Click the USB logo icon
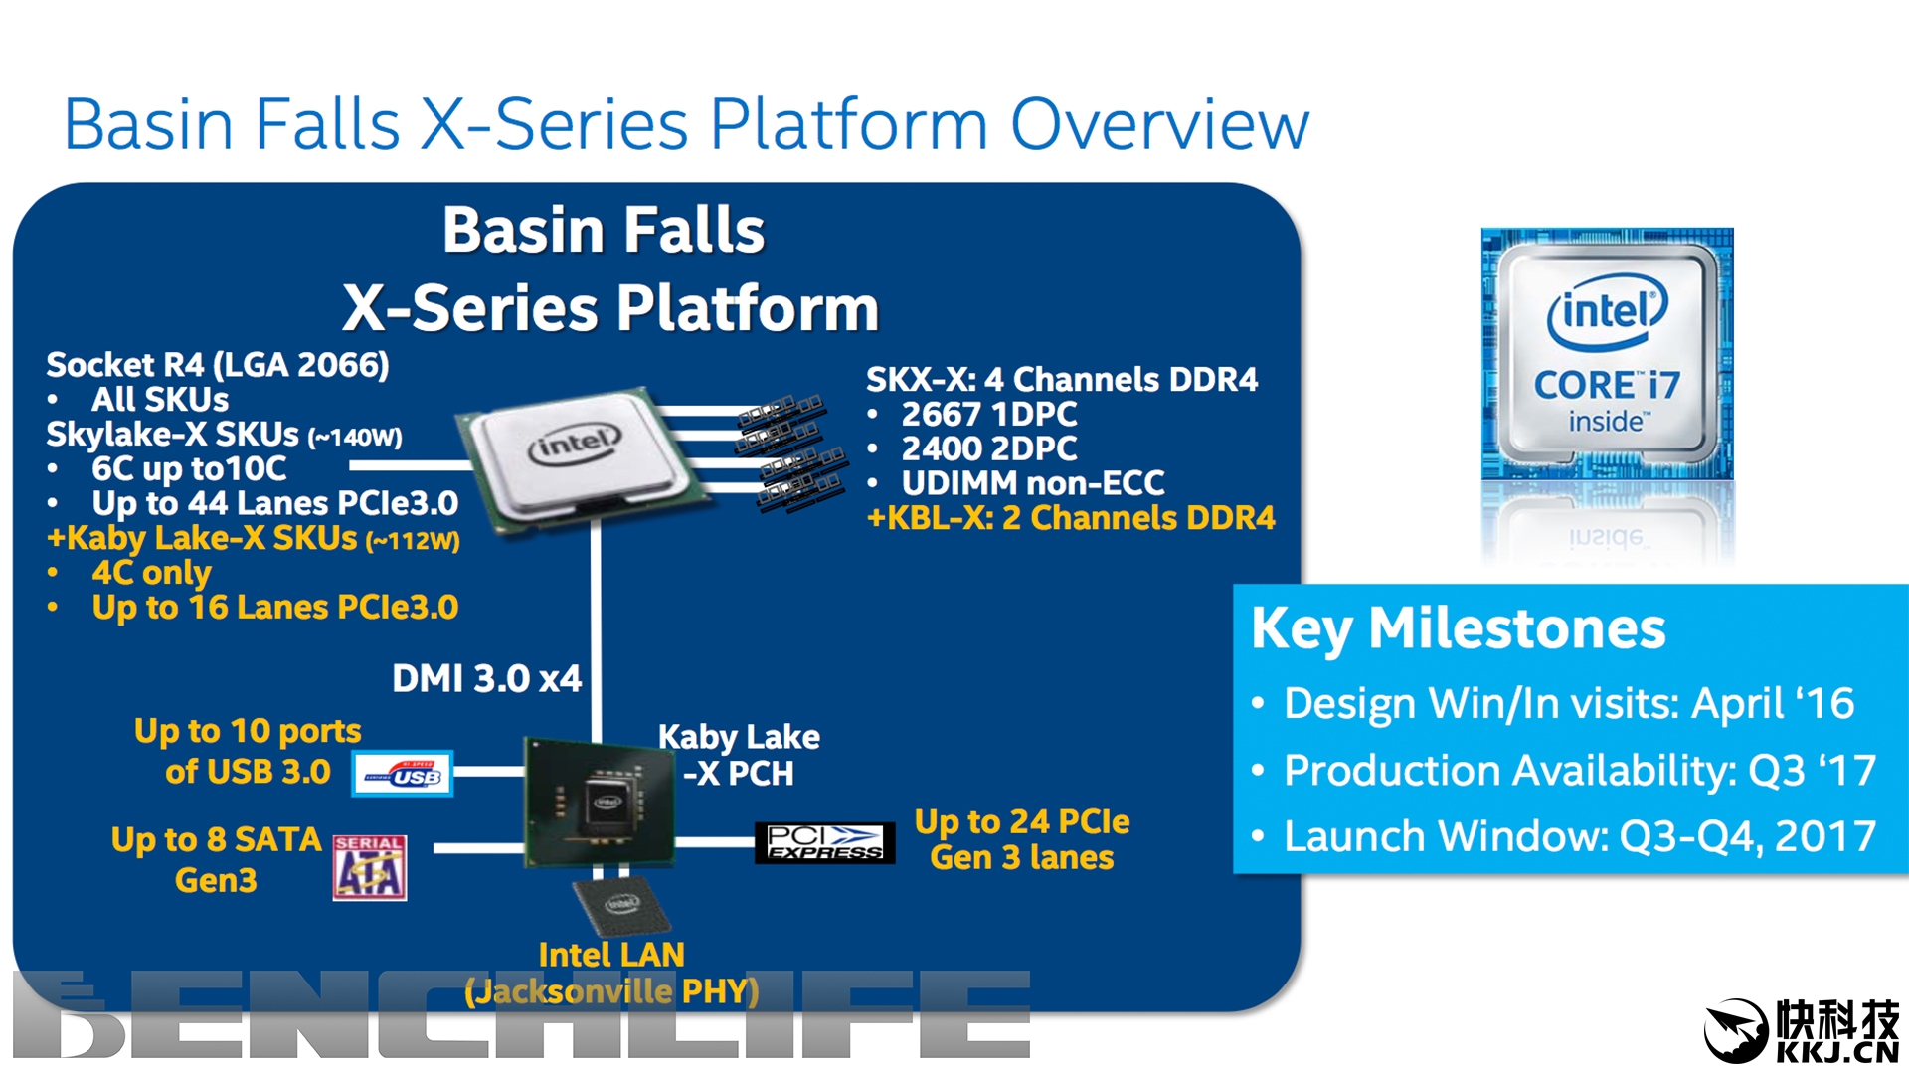[x=403, y=774]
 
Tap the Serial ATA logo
[x=369, y=868]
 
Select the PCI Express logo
[x=824, y=842]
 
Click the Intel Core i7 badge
[x=1607, y=355]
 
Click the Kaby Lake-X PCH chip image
[x=599, y=802]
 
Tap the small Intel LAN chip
[x=621, y=904]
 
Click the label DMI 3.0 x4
[x=486, y=679]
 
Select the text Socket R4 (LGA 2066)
[x=218, y=365]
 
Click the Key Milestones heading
[x=1458, y=628]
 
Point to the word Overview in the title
[x=1159, y=125]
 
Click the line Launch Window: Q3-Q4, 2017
[x=1579, y=836]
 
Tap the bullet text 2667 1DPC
[x=988, y=414]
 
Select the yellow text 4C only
[x=151, y=573]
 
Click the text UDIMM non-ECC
[x=1032, y=483]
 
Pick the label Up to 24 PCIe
[x=1022, y=821]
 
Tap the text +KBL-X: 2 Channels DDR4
[x=1071, y=518]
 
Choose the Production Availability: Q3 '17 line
[x=1579, y=770]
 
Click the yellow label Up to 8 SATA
[x=216, y=840]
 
